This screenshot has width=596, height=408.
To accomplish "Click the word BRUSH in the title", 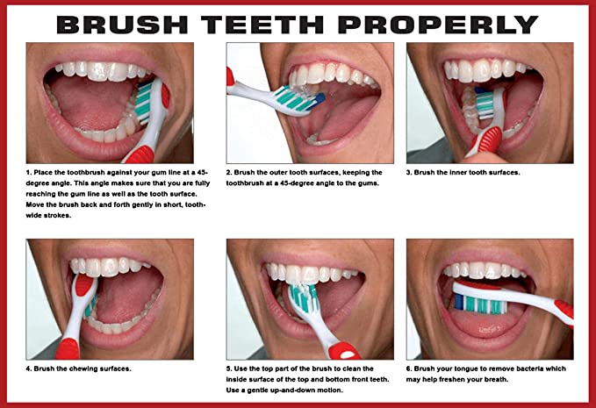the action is (122, 25).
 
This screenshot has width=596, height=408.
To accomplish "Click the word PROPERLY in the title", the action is (438, 25).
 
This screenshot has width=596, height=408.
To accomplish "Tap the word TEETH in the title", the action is (262, 25).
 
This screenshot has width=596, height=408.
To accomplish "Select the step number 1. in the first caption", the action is (29, 173).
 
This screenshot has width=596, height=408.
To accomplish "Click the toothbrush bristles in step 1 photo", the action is (144, 104).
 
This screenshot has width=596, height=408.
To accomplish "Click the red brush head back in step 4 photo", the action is (84, 285).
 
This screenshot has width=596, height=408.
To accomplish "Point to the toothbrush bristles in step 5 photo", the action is (304, 297).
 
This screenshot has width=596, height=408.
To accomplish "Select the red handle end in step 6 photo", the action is (564, 311).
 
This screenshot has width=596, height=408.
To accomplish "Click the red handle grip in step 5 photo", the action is (343, 350).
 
